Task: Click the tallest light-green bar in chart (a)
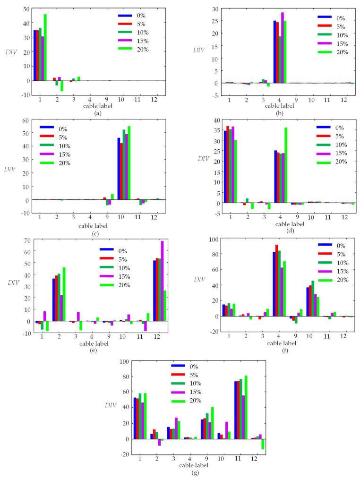[x=45, y=47]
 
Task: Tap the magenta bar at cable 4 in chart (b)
[x=283, y=47]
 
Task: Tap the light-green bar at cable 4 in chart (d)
[x=286, y=165]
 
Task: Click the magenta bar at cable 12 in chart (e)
[x=163, y=281]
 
